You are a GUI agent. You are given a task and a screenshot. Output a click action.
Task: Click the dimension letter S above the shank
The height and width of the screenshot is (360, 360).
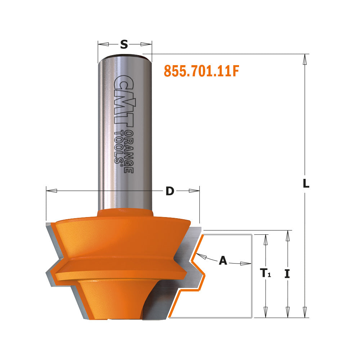pos(124,44)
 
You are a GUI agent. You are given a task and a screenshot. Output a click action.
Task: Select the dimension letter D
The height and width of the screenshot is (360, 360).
pos(170,192)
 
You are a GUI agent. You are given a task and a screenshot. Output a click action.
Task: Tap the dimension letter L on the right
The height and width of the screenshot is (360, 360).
pos(306,184)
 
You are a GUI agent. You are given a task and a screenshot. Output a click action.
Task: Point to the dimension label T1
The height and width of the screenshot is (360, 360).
pos(266,274)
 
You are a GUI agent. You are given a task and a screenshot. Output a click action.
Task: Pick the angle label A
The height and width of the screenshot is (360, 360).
pos(223,261)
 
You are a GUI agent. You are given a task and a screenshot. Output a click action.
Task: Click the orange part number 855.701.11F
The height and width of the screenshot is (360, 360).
pos(201,71)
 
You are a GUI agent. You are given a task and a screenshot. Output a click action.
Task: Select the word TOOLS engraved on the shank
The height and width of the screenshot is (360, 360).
pos(118,148)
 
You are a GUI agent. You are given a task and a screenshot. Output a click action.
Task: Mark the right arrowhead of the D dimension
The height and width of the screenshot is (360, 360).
pos(194,190)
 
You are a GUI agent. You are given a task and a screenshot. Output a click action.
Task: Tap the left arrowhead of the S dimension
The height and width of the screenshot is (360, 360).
pos(103,44)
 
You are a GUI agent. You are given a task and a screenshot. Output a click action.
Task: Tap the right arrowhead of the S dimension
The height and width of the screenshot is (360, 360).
pos(146,44)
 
